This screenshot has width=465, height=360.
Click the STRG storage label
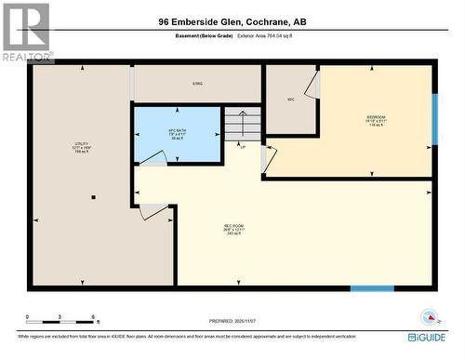[x=197, y=85]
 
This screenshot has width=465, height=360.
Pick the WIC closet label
[x=291, y=99]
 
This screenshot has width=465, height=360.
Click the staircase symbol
[x=240, y=125]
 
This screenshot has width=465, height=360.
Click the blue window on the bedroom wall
[x=433, y=119]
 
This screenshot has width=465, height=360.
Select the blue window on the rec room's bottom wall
[x=372, y=288]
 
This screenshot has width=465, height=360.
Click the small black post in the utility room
[x=93, y=198]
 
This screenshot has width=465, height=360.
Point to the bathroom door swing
[x=154, y=158]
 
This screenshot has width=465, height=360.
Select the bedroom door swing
[x=269, y=158]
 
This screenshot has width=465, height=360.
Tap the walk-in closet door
[x=314, y=86]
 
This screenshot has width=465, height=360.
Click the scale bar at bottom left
[x=61, y=320]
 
